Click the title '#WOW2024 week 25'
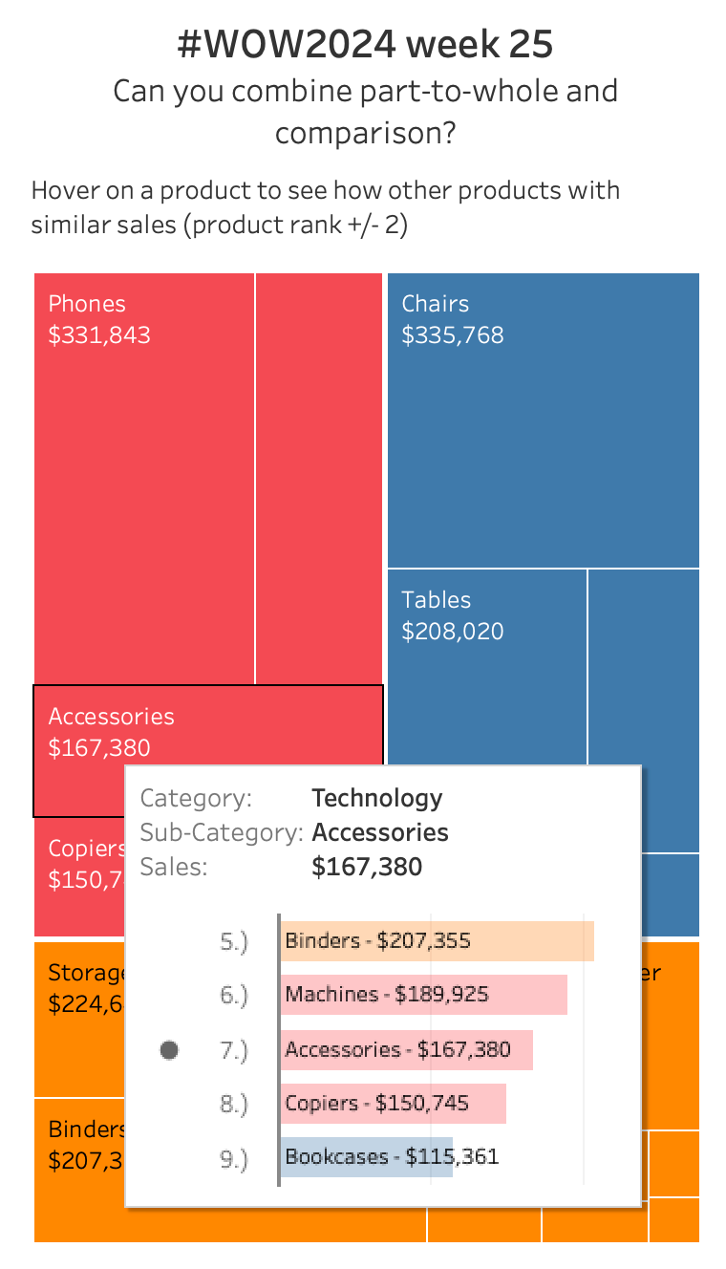point(365,44)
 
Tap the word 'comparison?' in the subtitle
point(365,133)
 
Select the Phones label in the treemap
point(87,304)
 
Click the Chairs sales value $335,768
point(453,335)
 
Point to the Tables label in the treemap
point(437,600)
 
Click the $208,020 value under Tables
point(453,632)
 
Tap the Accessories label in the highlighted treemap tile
point(112,717)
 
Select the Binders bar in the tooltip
point(438,941)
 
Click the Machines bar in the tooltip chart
point(424,995)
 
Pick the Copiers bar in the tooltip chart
point(394,1104)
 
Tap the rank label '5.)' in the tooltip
point(234,942)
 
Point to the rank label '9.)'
point(234,1159)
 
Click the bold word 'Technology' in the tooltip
point(377,799)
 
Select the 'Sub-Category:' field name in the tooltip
point(222,833)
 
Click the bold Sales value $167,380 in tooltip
point(367,868)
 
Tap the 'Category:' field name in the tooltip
point(197,799)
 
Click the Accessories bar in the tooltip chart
point(407,1050)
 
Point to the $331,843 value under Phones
point(99,335)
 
